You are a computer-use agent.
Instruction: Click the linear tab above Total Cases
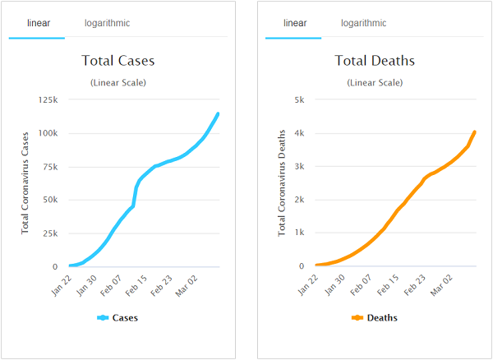click(x=37, y=23)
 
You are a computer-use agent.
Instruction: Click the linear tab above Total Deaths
click(x=295, y=23)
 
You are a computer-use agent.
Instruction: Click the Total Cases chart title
click(x=118, y=61)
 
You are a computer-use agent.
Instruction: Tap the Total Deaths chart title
click(x=375, y=61)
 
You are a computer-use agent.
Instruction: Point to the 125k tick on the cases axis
click(x=46, y=100)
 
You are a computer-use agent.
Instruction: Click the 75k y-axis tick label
click(x=48, y=167)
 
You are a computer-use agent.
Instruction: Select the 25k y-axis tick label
click(x=48, y=233)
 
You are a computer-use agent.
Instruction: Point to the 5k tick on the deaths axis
click(x=300, y=100)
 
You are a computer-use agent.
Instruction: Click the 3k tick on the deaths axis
click(x=300, y=167)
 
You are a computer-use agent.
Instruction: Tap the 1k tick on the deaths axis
click(x=300, y=233)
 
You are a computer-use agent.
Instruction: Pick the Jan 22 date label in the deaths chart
click(x=309, y=284)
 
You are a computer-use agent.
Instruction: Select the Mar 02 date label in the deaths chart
click(x=442, y=284)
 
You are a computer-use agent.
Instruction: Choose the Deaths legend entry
click(x=375, y=318)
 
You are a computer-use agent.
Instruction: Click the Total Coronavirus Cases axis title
click(x=25, y=181)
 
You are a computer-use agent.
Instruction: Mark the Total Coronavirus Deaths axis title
click(x=282, y=181)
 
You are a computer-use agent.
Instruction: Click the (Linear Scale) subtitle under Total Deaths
click(x=375, y=82)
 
